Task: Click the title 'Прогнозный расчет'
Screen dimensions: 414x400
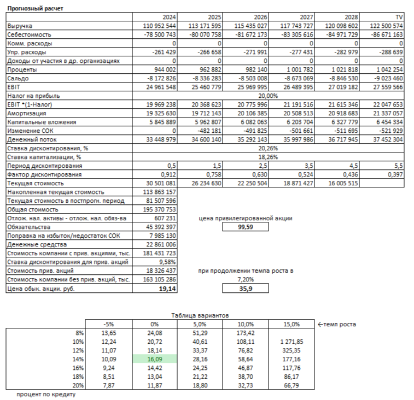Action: point(35,8)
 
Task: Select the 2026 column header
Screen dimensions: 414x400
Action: point(260,17)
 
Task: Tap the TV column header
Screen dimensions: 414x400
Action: point(399,17)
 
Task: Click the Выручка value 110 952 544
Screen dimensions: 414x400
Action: point(159,26)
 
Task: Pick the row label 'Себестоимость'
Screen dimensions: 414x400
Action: point(29,34)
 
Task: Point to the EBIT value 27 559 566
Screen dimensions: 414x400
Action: point(388,87)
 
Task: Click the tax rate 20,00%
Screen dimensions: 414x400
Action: point(268,96)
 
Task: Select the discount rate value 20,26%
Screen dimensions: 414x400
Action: point(268,148)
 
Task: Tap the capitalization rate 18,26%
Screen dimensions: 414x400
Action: point(268,157)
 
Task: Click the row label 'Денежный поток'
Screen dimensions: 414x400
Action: point(32,139)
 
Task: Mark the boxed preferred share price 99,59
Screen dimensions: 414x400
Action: point(246,227)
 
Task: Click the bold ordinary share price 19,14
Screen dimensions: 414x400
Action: point(167,289)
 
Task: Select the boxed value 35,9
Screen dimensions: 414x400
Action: point(246,289)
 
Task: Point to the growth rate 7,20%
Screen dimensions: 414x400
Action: point(246,279)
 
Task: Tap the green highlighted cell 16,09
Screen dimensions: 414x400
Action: point(155,359)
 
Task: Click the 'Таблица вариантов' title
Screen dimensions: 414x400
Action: point(200,315)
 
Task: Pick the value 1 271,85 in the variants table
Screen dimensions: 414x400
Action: point(291,342)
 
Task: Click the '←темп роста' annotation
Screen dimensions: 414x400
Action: point(337,324)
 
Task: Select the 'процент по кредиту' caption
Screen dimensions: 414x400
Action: point(46,394)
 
